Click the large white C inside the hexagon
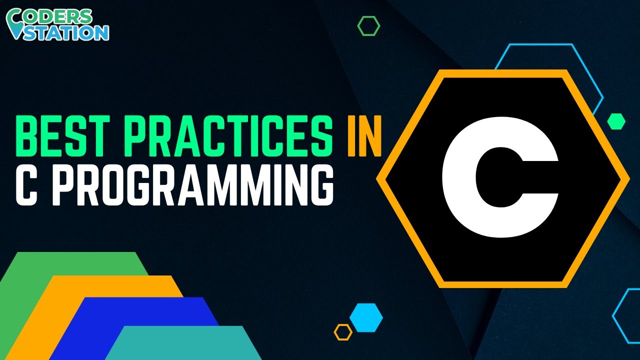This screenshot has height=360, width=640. (500, 178)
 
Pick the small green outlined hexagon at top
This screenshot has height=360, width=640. (368, 26)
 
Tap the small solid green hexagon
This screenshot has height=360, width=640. (616, 121)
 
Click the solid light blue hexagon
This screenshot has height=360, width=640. (366, 317)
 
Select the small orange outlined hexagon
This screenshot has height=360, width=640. (343, 332)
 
